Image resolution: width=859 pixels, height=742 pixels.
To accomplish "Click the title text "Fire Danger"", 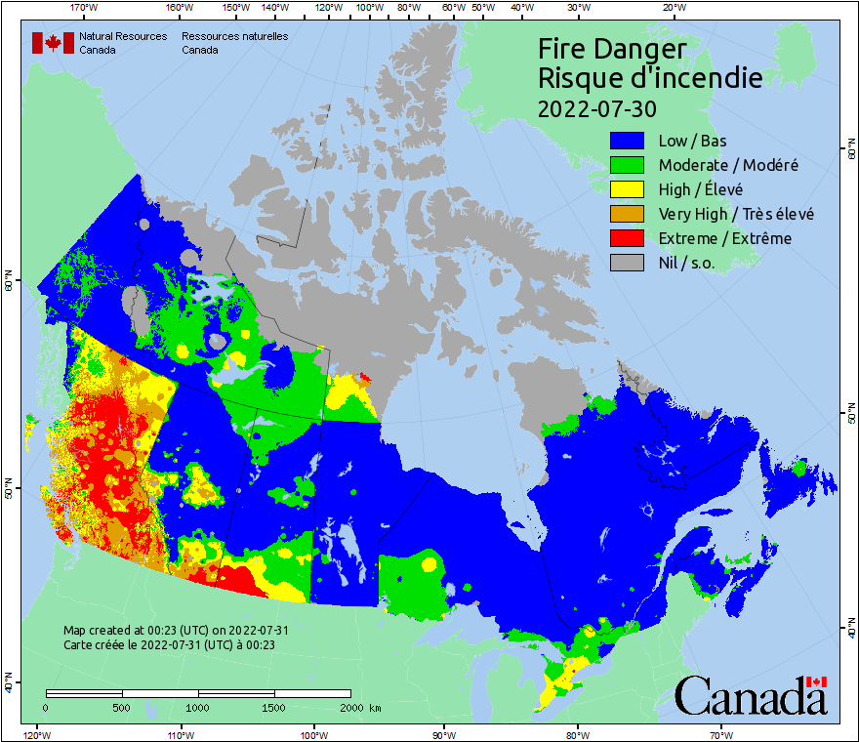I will coord(612,50).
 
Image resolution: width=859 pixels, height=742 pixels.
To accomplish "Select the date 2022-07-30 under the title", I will coord(596,106).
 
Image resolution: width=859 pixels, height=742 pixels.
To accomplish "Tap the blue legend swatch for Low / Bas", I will coord(629,141).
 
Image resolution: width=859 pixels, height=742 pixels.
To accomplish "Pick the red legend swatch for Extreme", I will coord(629,238).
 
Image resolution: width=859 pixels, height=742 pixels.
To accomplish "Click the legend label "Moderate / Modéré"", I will coord(728,165).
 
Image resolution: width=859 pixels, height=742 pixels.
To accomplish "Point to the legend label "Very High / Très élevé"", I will coord(736,214).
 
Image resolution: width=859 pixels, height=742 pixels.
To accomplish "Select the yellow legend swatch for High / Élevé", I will coord(629,189).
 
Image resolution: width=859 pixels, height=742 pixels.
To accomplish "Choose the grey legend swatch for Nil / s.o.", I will coord(629,263).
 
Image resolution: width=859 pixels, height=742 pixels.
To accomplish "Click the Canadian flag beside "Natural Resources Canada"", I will coord(53,43).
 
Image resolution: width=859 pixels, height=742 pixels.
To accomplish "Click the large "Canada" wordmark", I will coord(750,696).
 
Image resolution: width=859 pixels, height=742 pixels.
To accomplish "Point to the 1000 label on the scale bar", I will coord(198,707).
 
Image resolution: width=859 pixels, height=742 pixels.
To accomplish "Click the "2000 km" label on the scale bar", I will coord(359,707).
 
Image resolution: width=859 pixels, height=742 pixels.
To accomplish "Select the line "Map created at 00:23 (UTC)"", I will coord(176,631).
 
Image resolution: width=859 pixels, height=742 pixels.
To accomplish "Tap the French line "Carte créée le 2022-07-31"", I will coord(169,644).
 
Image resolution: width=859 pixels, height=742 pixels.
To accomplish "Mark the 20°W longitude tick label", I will coord(673,8).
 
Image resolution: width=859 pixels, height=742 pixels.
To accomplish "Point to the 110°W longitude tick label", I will coord(180,734).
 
